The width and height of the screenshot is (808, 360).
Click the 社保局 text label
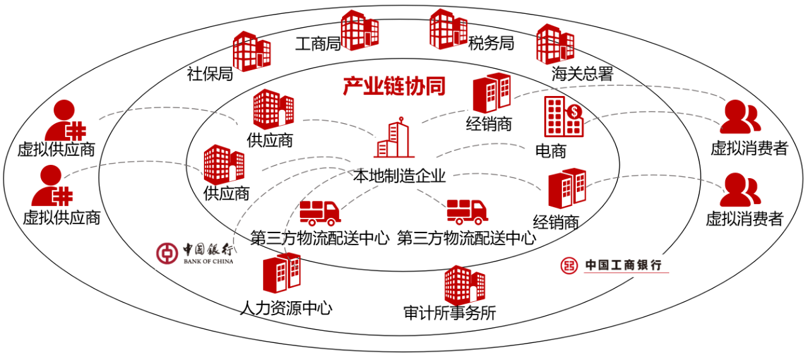(x=210, y=75)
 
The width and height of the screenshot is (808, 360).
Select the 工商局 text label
(x=318, y=44)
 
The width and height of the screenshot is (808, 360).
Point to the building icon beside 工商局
(x=359, y=30)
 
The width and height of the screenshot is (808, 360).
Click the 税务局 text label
(x=491, y=44)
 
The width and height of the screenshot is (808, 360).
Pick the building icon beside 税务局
(x=448, y=28)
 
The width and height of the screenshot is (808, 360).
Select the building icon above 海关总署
(x=555, y=44)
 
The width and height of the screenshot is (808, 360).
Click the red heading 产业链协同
(x=395, y=87)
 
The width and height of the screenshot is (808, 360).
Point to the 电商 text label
(x=551, y=151)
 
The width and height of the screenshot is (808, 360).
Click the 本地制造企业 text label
(x=400, y=176)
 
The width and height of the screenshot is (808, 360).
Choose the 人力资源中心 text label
(x=287, y=309)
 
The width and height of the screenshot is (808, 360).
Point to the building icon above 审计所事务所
(x=464, y=284)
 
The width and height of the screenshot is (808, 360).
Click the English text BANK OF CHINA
(x=208, y=261)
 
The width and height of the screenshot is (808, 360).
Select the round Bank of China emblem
(x=167, y=253)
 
